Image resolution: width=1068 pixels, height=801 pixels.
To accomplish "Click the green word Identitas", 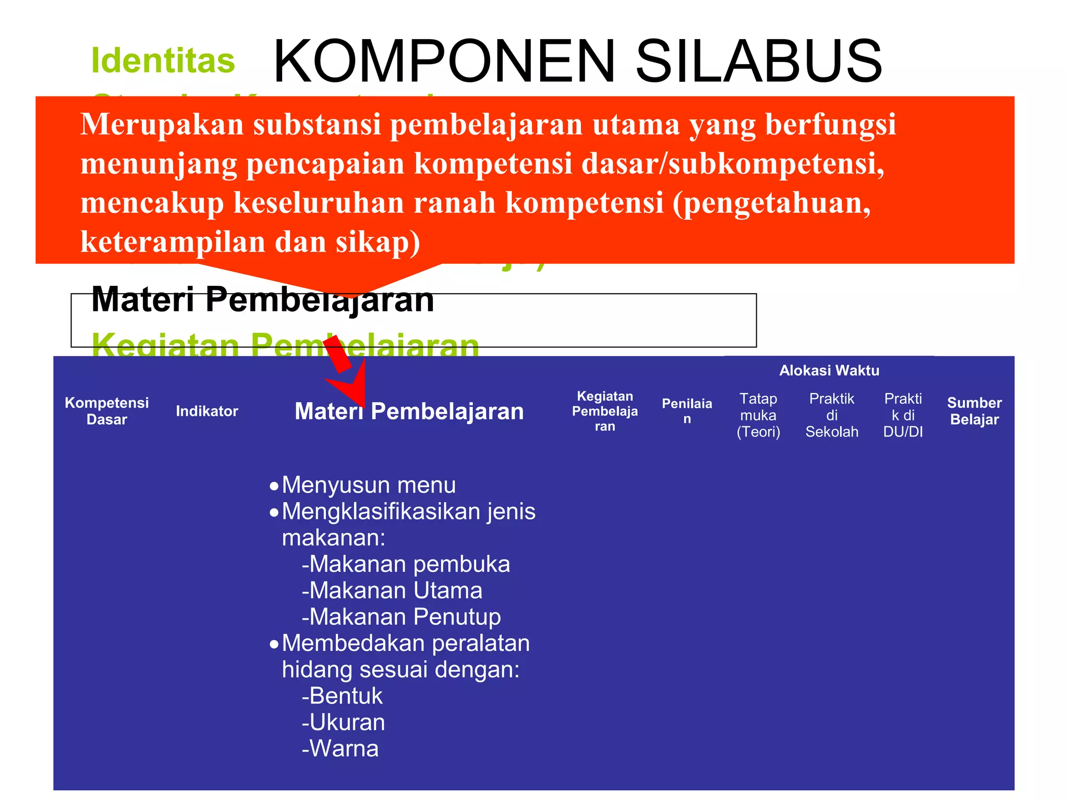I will pos(163,61).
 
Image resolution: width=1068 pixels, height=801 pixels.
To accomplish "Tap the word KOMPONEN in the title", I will pos(444,62).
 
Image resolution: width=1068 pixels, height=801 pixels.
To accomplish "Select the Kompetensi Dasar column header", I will pos(106,411).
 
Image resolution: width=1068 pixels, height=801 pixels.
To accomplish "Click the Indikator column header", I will pos(207,411).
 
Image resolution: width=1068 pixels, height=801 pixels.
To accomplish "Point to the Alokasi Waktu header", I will pos(829,371).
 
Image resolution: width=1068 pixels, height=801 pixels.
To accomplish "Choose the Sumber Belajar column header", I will pos(974,411).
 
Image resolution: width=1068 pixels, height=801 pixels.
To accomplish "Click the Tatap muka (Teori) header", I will pos(758,415).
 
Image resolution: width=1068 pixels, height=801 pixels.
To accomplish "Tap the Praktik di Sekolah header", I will pos(831,415).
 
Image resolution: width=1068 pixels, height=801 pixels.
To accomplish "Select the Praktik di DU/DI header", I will pos(903,415).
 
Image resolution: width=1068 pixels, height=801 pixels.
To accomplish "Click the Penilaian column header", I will pos(686,411).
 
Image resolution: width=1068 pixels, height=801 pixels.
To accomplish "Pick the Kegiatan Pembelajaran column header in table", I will pos(604,411).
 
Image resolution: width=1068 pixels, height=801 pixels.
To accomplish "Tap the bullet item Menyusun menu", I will pos(368,485).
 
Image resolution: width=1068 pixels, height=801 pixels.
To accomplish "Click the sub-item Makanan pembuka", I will pos(406,564).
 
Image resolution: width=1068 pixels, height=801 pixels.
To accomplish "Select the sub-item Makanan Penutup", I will pos(401,617).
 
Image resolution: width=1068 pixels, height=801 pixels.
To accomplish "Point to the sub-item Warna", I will pos(340,749).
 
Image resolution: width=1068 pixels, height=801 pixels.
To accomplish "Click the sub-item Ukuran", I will pos(343,722).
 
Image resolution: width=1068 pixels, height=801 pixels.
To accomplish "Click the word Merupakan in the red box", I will pos(162,125).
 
